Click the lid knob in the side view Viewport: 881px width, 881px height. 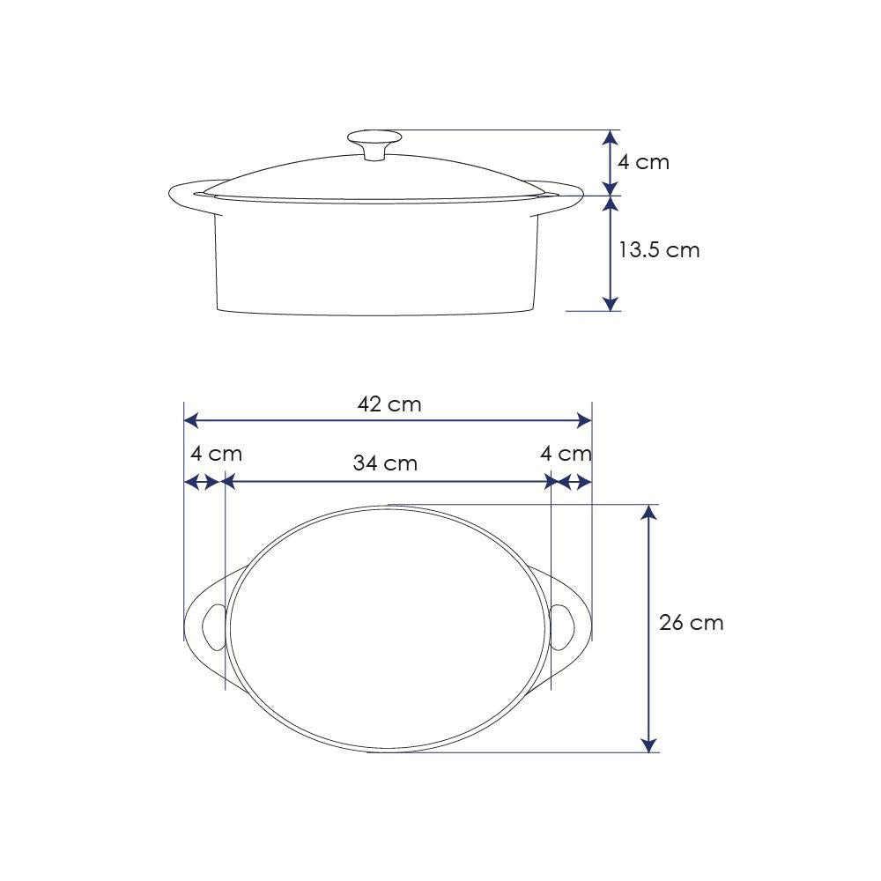click(x=374, y=144)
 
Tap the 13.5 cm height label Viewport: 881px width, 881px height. click(x=659, y=250)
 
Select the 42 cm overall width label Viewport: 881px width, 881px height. click(x=389, y=404)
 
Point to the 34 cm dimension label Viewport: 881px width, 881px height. click(x=385, y=463)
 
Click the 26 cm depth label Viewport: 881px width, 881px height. click(x=691, y=623)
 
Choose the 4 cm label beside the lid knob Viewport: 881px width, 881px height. click(x=643, y=162)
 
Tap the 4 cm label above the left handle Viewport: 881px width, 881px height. click(x=217, y=454)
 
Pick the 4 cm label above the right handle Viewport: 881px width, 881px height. click(x=566, y=454)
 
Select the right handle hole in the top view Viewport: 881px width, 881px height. click(x=562, y=627)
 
